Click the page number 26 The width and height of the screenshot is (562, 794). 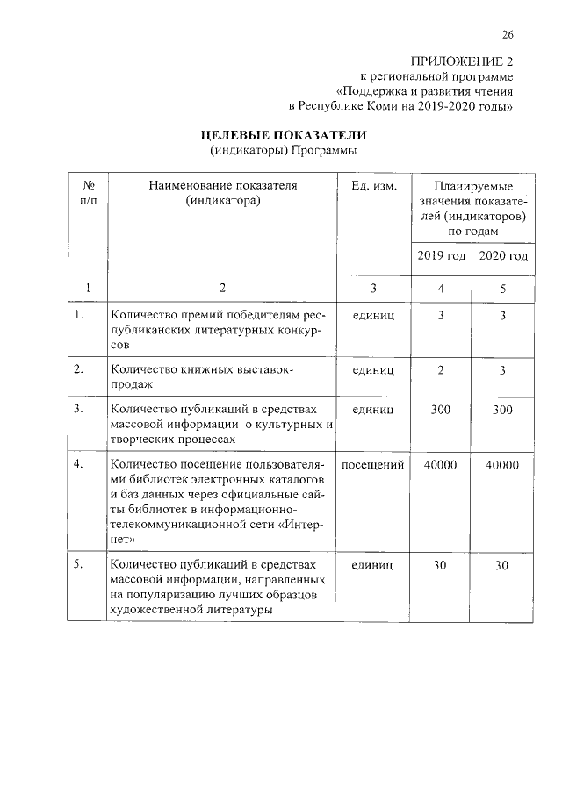click(507, 35)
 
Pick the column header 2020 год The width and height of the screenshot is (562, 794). click(501, 256)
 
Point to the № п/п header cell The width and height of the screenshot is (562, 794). click(87, 194)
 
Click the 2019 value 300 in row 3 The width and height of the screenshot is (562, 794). click(440, 408)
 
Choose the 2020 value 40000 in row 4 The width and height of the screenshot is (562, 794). click(501, 465)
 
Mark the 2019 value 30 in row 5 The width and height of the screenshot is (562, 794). click(440, 565)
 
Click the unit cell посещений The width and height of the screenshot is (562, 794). click(373, 465)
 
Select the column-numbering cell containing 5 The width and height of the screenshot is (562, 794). click(501, 288)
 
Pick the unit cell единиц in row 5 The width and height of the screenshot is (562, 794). click(373, 565)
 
